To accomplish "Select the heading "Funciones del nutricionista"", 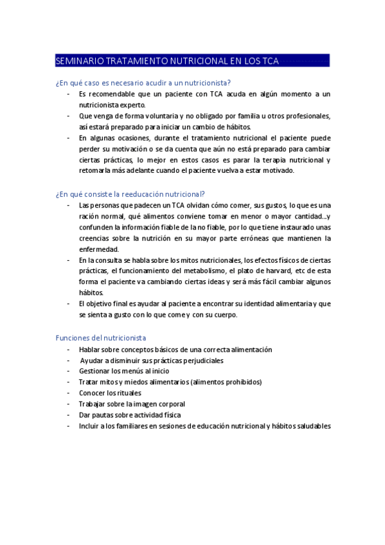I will (101, 337).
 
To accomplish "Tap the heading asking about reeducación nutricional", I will (130, 193).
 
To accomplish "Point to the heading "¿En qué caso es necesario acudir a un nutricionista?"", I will (143, 82).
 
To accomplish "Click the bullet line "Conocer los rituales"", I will (110, 393).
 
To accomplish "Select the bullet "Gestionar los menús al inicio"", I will (124, 371).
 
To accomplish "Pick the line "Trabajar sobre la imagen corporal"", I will (132, 404).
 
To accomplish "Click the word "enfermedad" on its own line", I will (99, 249).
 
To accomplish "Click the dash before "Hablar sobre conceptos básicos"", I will (68, 350).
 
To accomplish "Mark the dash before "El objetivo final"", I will (68, 303).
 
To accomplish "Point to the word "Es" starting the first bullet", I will (83, 94).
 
